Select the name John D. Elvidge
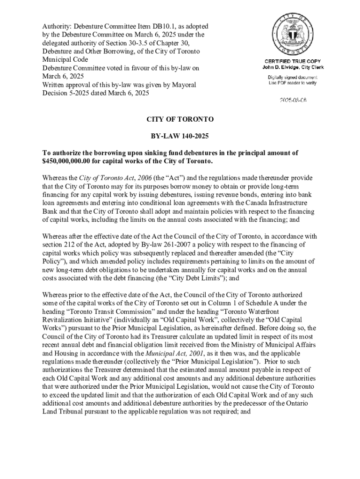point(280,67)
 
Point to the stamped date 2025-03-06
point(293,100)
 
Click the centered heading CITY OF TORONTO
point(180,119)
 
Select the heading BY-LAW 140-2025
point(180,136)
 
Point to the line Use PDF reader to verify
point(293,83)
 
